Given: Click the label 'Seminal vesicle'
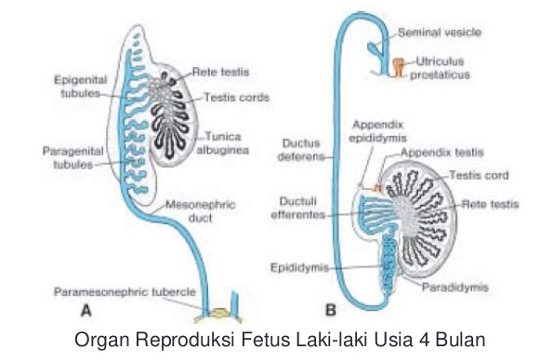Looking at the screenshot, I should [x=440, y=33].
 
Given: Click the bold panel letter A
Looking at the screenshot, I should [x=86, y=309].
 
